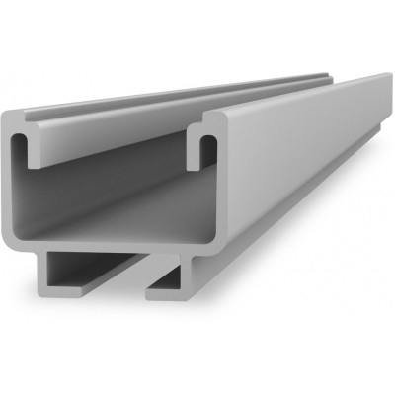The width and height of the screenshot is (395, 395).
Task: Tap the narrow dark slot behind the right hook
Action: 208,148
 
